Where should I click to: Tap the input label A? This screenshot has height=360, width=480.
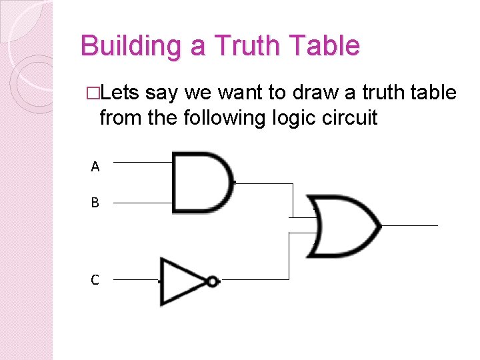[95, 167]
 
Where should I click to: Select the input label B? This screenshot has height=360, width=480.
[95, 203]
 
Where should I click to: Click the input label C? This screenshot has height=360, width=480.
[95, 281]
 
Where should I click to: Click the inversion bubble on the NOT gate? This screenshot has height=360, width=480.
[212, 281]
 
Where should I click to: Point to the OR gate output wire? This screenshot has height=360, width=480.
[409, 225]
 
